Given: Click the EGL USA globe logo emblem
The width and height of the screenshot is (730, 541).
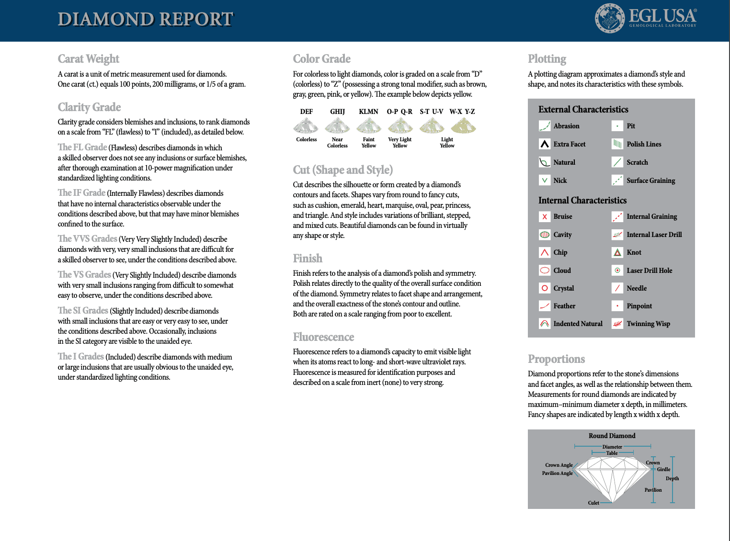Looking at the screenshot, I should [x=609, y=19].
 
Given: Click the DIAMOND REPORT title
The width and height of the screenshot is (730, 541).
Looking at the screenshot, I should [x=145, y=19].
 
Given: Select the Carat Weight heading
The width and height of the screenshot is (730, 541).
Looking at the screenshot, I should [x=88, y=59].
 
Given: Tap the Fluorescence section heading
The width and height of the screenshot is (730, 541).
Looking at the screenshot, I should [x=323, y=337].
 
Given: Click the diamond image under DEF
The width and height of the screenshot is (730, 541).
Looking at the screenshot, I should [x=306, y=126].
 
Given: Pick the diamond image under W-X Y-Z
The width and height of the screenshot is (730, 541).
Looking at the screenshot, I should [x=463, y=126].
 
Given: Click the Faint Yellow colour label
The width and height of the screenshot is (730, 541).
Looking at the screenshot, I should [x=368, y=143].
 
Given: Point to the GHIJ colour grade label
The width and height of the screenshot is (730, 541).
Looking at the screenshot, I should [x=337, y=112].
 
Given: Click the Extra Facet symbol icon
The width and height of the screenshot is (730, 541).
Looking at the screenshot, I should [x=545, y=144].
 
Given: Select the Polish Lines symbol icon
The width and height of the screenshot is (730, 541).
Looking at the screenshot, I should [x=617, y=144].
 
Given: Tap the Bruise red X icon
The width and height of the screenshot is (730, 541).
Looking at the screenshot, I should [x=545, y=216].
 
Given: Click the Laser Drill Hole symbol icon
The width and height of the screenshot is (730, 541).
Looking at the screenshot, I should [x=617, y=270].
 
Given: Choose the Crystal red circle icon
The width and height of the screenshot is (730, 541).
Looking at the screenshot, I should [x=545, y=288].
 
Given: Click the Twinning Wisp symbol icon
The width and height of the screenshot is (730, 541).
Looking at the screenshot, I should [x=617, y=324].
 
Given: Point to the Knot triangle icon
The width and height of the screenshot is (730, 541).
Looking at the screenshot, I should [x=617, y=252].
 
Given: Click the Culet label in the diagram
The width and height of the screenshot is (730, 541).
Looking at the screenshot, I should [x=593, y=503].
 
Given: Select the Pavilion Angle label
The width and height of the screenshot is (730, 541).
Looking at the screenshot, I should [x=557, y=473].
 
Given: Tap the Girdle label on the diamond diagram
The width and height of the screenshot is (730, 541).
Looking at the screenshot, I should [x=663, y=469].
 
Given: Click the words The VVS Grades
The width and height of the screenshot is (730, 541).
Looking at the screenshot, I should [x=88, y=238].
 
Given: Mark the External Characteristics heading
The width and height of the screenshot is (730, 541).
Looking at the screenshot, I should [x=583, y=110].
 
